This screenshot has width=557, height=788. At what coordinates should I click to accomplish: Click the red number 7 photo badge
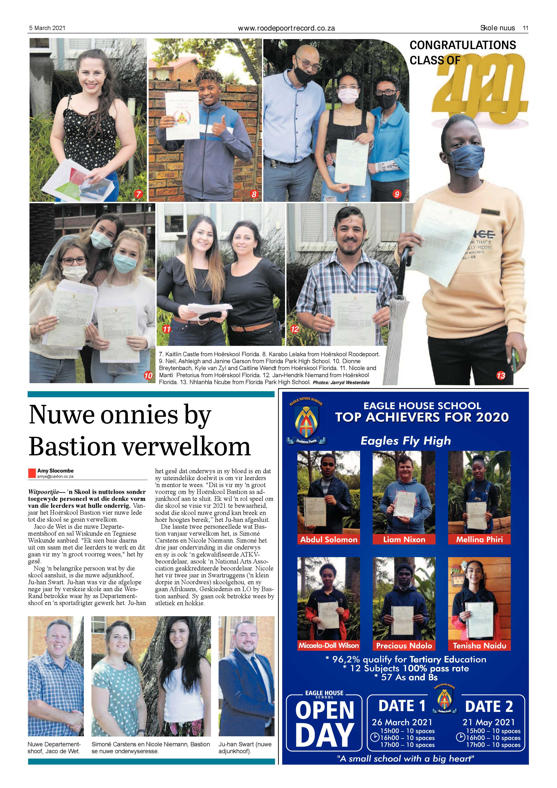coord(138,194)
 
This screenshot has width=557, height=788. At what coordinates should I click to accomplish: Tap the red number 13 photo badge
coord(501,376)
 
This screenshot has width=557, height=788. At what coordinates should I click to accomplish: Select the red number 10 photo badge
coord(148,376)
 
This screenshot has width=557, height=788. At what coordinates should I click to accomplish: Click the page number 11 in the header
coord(525,28)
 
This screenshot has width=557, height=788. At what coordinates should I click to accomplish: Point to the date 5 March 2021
coord(47,28)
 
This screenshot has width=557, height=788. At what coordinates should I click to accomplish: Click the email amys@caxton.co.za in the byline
coord(55,476)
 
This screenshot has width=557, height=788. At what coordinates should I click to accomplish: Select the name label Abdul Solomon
coord(329,539)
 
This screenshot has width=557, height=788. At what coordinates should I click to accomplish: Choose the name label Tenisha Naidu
coord(479,646)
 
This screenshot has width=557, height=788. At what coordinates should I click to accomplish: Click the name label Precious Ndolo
coord(404,646)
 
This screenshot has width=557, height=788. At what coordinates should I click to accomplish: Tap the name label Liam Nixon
coord(404,539)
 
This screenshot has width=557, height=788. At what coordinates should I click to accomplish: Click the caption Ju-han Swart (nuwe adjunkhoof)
coord(245,747)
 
